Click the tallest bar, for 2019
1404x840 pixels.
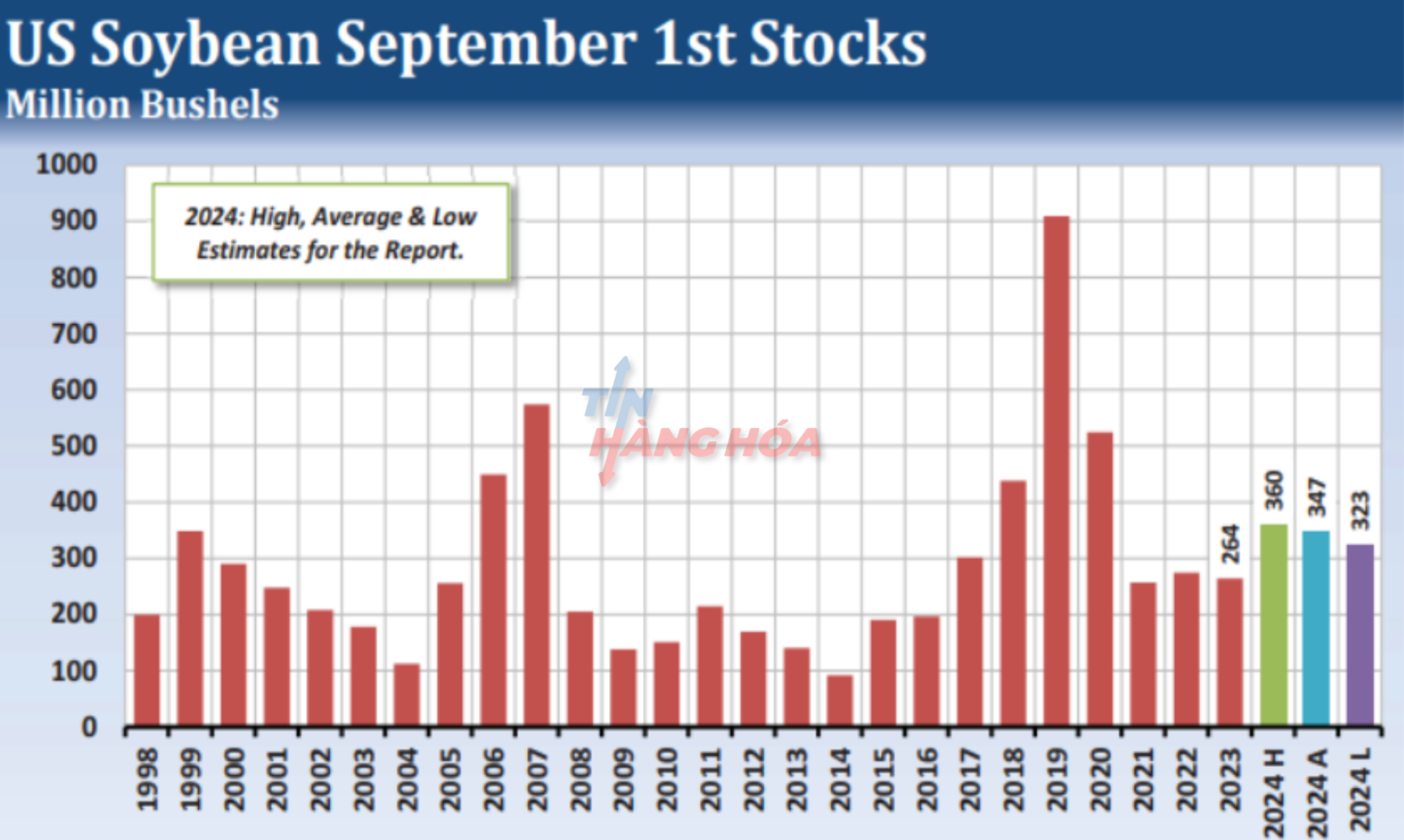(x=1056, y=468)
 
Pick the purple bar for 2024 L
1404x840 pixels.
(x=1360, y=634)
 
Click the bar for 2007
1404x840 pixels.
(x=537, y=563)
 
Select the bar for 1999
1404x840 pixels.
(x=190, y=628)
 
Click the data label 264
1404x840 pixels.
(x=1231, y=544)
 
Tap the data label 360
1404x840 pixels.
(x=1274, y=490)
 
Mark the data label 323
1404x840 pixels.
(x=1360, y=510)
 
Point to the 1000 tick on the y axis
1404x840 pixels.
(x=67, y=164)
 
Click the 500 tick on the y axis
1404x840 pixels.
(x=73, y=446)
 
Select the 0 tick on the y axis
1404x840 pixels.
(x=88, y=727)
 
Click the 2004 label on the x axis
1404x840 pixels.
(x=407, y=779)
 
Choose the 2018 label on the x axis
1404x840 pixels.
(x=1013, y=779)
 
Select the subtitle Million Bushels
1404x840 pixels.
(x=143, y=105)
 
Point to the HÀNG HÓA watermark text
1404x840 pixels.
(x=706, y=443)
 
